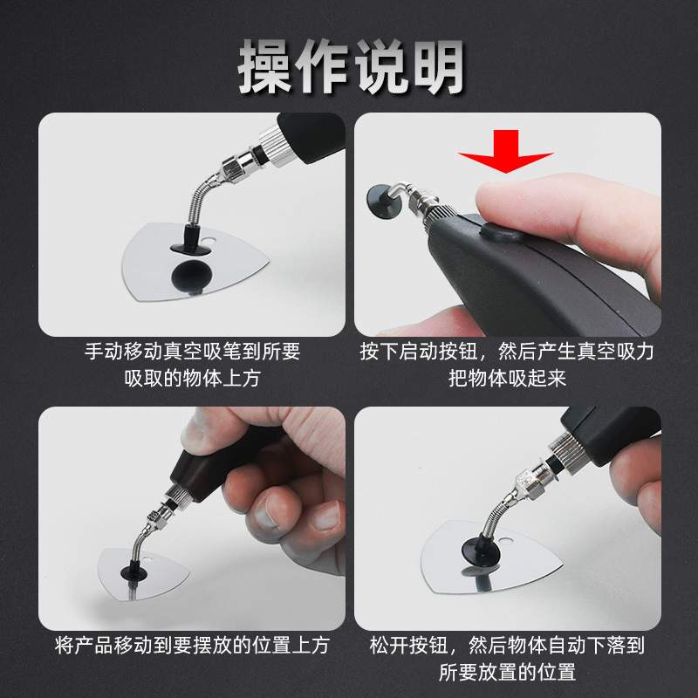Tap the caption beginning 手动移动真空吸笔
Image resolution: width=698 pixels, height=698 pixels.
[x=192, y=352]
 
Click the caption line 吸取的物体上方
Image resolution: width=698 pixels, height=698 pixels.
[x=192, y=379]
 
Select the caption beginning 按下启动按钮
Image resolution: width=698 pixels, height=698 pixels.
[x=507, y=352]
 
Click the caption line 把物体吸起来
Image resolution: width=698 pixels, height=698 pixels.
[x=507, y=379]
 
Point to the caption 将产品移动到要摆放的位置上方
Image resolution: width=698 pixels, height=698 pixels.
[x=192, y=647]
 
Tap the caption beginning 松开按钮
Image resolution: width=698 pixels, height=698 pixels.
[x=507, y=647]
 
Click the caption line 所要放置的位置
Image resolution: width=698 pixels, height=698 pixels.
[x=507, y=673]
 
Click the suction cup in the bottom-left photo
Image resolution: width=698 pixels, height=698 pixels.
[x=136, y=569]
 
